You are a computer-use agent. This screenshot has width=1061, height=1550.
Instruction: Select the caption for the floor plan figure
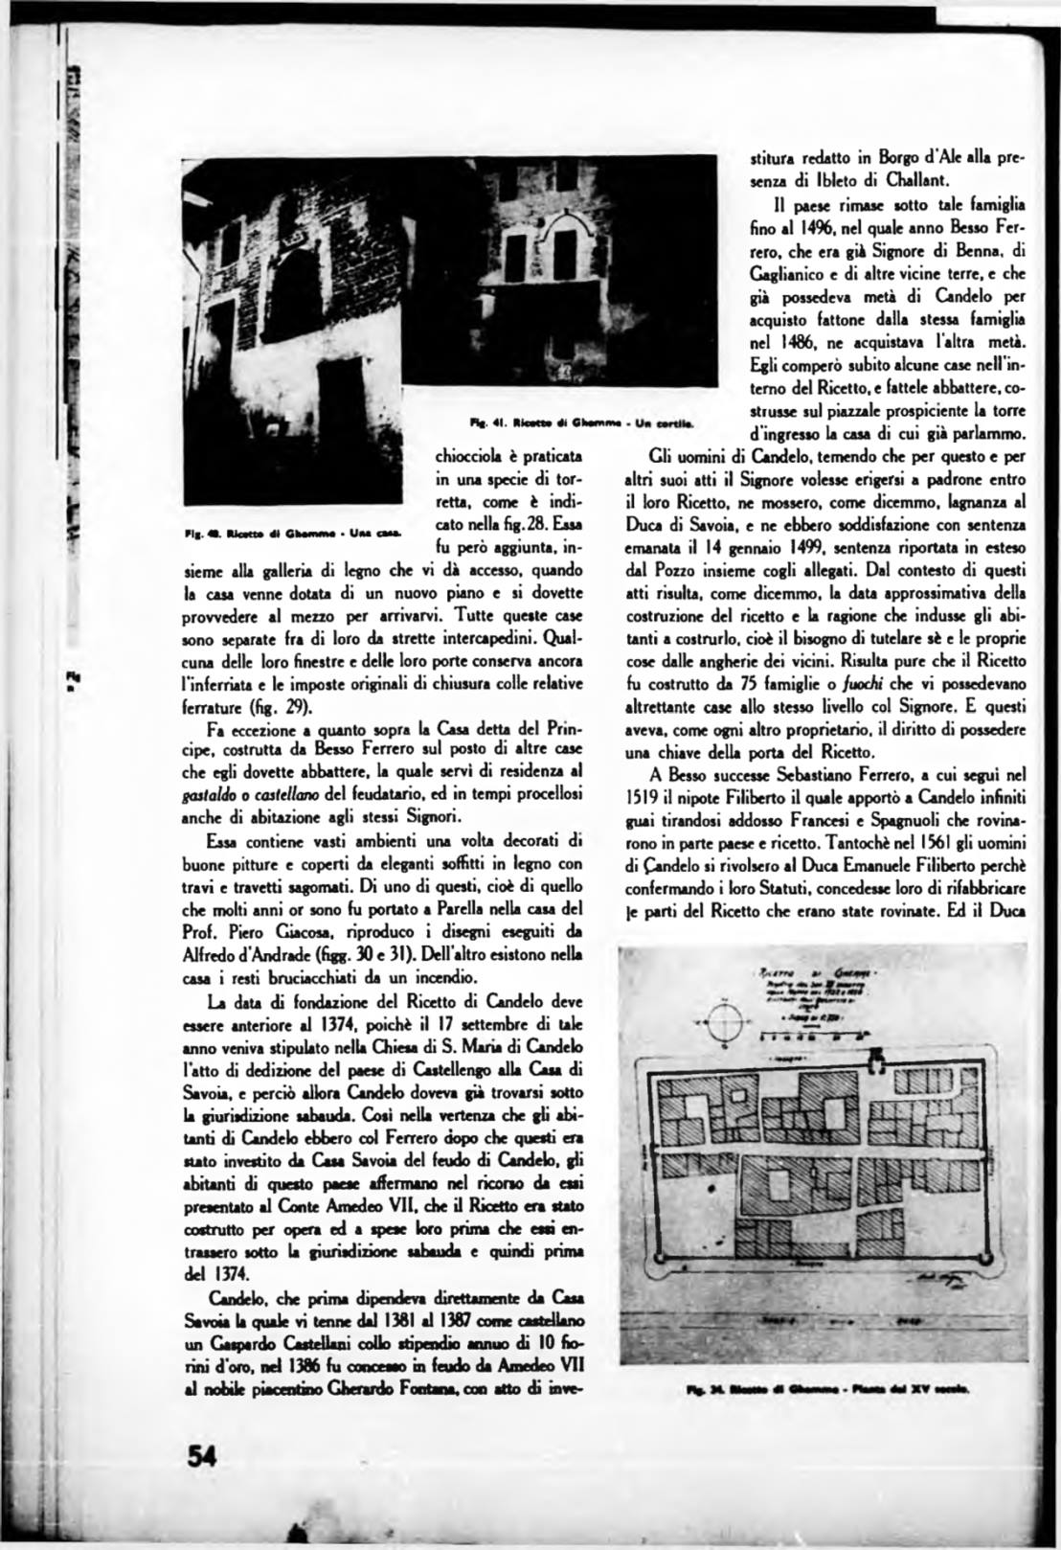point(828,1387)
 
